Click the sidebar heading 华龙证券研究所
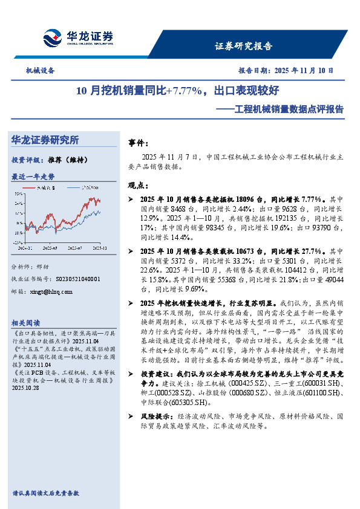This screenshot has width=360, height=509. coord(45,140)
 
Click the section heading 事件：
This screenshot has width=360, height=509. coord(139,143)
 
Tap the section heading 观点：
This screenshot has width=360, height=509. coord(139,185)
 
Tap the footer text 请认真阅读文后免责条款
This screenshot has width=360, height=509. coord(46,493)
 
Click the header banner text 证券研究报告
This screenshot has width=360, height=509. coord(244,46)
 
